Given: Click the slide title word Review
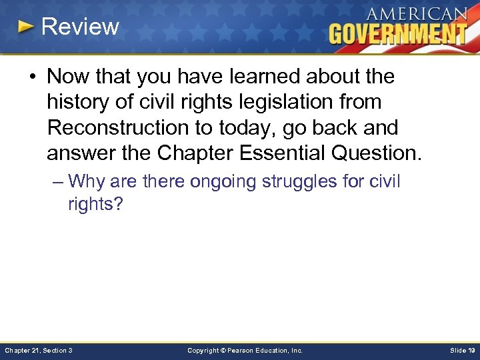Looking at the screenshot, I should click(x=80, y=27).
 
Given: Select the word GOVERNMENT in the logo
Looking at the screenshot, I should click(x=398, y=33).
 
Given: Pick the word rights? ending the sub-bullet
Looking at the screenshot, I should click(x=95, y=204).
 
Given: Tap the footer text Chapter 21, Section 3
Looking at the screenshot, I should click(x=39, y=350).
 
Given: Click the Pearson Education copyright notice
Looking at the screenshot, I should click(x=245, y=350).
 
